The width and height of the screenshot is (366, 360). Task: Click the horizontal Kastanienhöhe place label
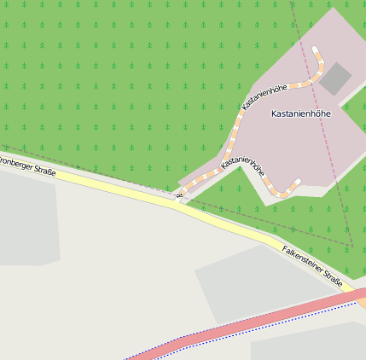tap(300, 113)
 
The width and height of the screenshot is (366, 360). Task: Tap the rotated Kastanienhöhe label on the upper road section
tap(264, 97)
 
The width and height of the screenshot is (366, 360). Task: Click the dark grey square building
tap(335, 78)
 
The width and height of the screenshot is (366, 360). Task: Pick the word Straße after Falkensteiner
tap(334, 282)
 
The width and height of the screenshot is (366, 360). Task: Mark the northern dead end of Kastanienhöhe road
tap(315, 50)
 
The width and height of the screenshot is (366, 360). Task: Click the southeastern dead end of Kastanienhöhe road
tap(298, 182)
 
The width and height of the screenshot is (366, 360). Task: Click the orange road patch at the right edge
tap(361, 297)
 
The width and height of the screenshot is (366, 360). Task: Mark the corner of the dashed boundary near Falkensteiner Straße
tap(352, 245)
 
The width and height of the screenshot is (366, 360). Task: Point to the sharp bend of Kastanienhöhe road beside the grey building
tap(322, 68)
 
